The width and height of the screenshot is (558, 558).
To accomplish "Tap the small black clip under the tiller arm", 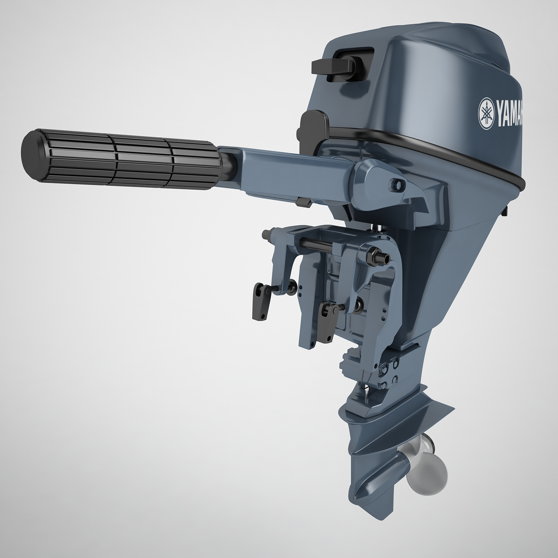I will pos(304,203).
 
